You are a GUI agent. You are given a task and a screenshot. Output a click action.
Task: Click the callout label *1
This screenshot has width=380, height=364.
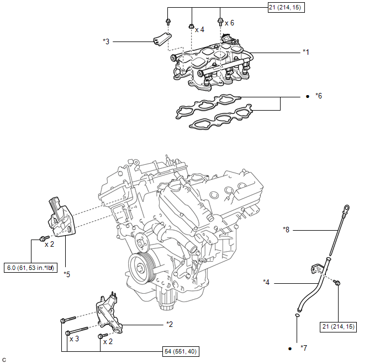point(306,52)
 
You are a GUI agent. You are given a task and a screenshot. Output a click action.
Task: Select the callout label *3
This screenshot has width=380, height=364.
point(106,41)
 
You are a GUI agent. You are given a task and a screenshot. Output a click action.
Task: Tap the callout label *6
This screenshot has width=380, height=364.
point(319,96)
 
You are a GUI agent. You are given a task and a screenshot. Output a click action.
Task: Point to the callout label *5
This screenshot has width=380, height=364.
point(67,274)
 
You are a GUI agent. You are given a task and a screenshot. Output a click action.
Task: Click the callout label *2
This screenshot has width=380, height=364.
point(170,324)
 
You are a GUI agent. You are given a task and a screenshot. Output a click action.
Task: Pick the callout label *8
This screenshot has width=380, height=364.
point(286,230)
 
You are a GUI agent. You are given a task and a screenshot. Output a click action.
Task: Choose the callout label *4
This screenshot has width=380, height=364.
point(266,282)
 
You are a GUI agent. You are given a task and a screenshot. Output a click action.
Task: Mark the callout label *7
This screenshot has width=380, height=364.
point(304,348)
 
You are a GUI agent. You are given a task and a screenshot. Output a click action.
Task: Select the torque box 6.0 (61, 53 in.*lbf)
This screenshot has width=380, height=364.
point(30,268)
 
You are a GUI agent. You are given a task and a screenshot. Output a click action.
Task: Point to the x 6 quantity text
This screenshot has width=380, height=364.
point(229,23)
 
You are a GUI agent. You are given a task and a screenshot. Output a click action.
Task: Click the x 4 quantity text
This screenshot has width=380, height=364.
point(199,30)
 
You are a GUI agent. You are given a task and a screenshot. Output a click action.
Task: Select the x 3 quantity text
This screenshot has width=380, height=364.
point(74,339)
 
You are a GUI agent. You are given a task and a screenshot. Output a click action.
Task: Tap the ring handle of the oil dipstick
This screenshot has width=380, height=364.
point(347,208)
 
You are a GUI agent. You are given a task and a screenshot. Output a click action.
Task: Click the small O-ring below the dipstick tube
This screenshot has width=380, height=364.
point(297,315)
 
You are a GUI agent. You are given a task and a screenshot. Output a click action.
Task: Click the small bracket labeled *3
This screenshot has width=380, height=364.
point(162,39)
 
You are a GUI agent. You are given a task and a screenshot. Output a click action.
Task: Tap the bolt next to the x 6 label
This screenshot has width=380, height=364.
point(220,22)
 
